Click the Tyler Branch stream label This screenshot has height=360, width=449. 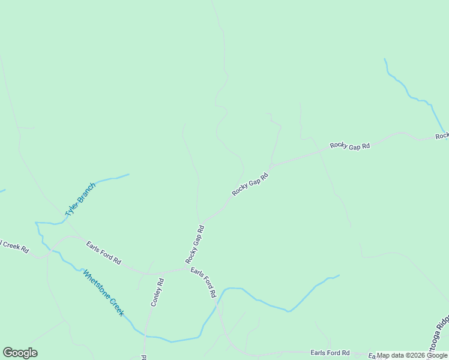tap(80, 199)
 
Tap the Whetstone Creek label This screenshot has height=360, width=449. tap(103, 293)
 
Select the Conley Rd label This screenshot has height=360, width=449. tap(156, 292)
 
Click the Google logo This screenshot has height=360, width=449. tap(20, 353)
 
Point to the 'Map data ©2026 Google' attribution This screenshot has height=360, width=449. tap(412, 355)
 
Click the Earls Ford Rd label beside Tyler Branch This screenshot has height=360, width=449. tap(103, 253)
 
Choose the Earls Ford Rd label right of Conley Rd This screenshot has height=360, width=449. tap(203, 283)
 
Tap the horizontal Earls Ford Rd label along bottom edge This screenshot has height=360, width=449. tap(330, 353)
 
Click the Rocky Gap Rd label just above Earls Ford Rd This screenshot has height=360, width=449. tap(195, 244)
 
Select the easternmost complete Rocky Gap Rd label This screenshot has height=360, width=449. tap(349, 145)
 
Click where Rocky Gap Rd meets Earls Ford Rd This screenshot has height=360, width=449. tap(184, 268)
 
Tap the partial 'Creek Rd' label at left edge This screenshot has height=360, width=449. tap(13, 247)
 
